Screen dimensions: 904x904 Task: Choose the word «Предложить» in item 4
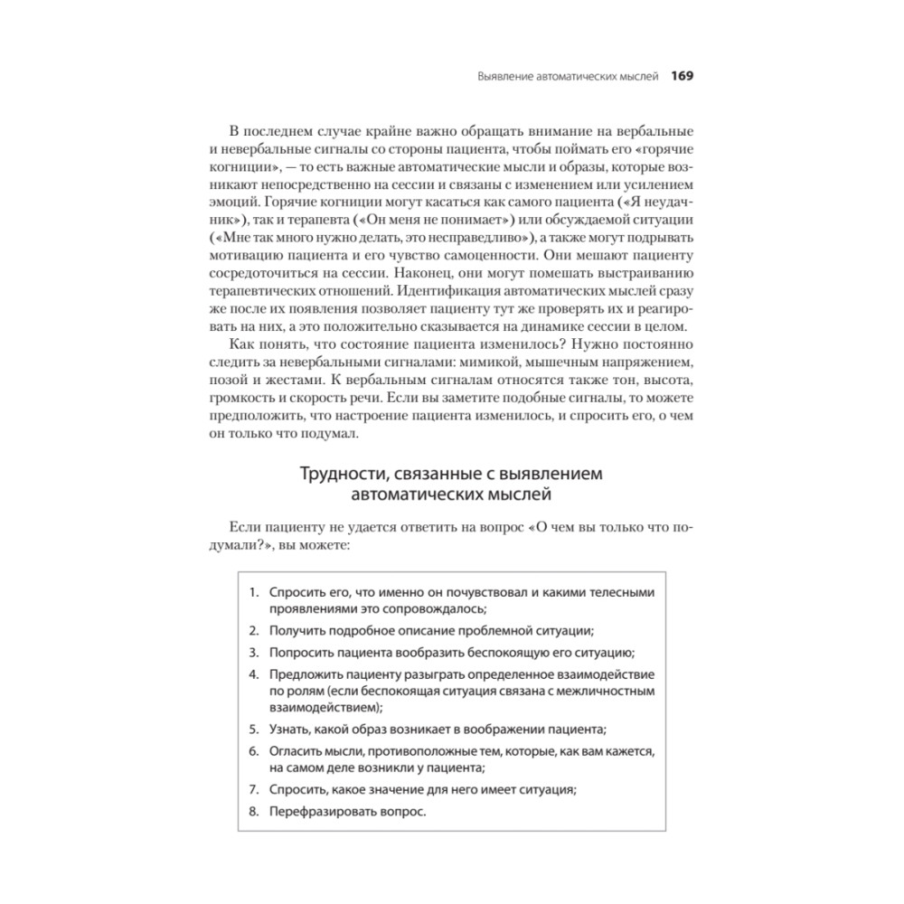pyautogui.click(x=307, y=674)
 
